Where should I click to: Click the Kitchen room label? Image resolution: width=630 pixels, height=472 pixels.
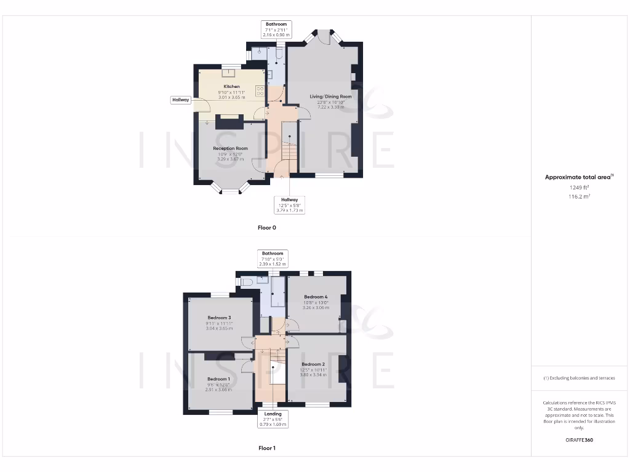click(x=231, y=87)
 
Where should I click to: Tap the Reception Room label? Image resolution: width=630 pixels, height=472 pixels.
click(x=230, y=148)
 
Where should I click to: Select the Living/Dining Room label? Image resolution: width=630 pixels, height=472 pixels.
click(x=330, y=96)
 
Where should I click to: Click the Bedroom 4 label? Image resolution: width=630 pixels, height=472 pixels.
click(x=316, y=297)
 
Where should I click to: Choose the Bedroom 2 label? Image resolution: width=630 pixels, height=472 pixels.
click(x=313, y=364)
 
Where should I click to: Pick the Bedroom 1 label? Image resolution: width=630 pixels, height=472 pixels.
click(x=218, y=379)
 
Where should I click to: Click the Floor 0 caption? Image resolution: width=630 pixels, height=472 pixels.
click(x=266, y=227)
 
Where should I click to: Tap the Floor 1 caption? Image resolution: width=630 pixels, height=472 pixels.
click(x=266, y=448)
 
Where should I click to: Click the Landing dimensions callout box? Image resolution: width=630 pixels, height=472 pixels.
click(x=273, y=419)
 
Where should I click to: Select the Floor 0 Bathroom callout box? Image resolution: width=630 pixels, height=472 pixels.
click(x=276, y=29)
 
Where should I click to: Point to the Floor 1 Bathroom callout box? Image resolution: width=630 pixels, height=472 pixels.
click(x=273, y=259)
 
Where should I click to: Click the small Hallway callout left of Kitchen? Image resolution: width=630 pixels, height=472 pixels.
click(x=181, y=100)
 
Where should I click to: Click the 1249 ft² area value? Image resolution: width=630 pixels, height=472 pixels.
click(x=579, y=187)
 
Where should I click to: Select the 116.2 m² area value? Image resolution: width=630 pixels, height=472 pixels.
click(x=579, y=197)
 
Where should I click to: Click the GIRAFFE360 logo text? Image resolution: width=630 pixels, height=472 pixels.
click(x=579, y=440)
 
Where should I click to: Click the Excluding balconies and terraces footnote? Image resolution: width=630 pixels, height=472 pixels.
click(x=579, y=378)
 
